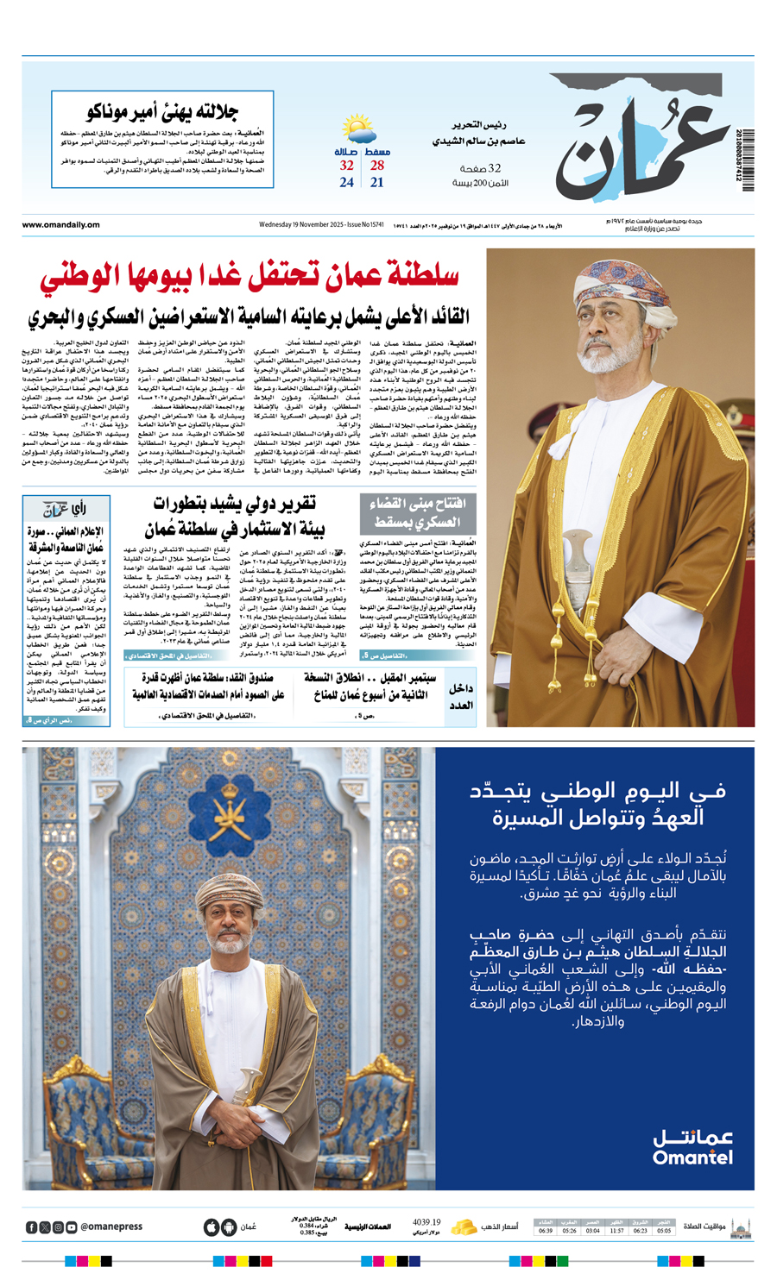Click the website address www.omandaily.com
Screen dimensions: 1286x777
[60, 225]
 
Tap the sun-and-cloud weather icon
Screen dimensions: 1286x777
[359, 130]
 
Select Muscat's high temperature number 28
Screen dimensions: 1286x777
[377, 166]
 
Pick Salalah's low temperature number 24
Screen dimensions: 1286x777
[346, 183]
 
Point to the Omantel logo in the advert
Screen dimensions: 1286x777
[692, 1146]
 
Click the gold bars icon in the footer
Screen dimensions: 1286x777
[464, 1226]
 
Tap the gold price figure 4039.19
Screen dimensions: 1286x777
[426, 1222]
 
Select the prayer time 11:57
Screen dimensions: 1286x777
[616, 1231]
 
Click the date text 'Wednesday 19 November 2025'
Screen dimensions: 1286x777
[302, 225]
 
